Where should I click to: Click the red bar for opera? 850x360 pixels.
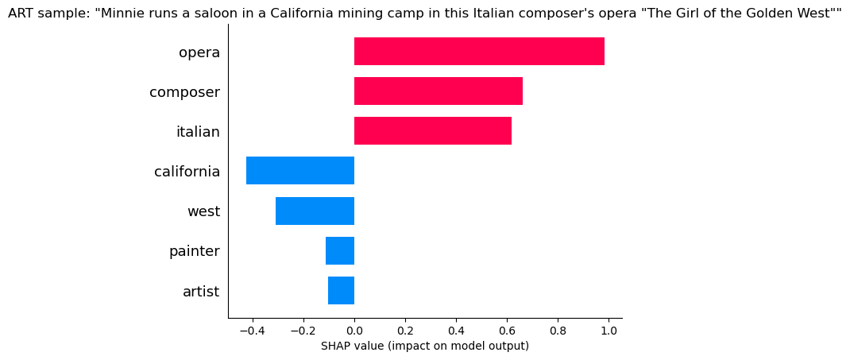479,52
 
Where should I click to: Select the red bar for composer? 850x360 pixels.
439,91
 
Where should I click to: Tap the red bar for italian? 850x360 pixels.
433,131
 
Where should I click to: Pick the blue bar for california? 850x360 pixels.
300,171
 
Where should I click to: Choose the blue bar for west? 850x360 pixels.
315,211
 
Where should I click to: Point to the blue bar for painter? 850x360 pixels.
340,250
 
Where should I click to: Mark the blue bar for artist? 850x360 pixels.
341,291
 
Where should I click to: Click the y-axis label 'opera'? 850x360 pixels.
199,52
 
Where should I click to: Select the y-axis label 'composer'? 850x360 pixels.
184,92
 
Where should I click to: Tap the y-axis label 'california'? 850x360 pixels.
187,172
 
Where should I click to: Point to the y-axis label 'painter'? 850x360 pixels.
194,251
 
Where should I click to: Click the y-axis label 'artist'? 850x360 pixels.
201,292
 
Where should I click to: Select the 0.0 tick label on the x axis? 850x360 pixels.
354,331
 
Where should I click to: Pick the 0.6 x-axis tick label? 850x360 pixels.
507,331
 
